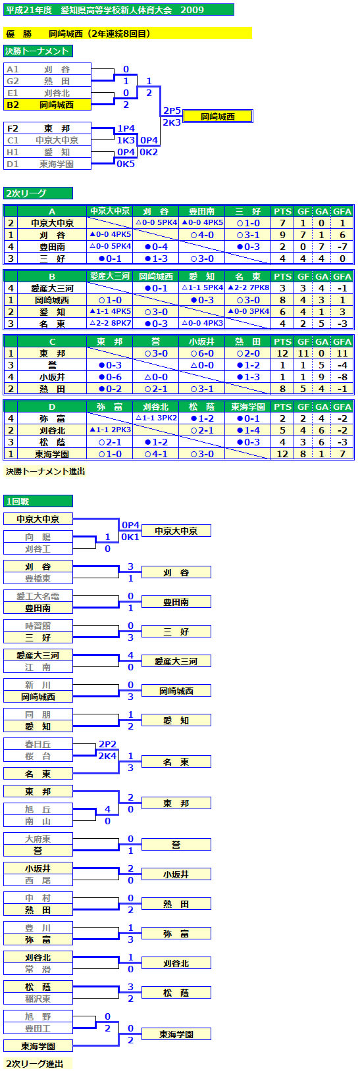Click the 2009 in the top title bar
[x=192, y=10]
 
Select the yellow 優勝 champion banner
[x=128, y=34]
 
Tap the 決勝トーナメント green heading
[x=38, y=51]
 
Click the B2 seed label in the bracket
[x=13, y=105]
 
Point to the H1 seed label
[x=13, y=152]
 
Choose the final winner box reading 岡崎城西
[x=218, y=116]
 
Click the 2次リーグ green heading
[x=38, y=193]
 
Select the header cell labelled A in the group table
[x=52, y=211]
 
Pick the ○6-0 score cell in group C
[x=202, y=353]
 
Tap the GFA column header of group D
[x=342, y=407]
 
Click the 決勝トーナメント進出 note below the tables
[x=45, y=472]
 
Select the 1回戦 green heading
[x=38, y=501]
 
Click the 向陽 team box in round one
[x=38, y=537]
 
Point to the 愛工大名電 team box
[x=38, y=596]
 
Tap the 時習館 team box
[x=38, y=626]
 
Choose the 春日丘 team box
[x=38, y=745]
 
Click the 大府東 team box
[x=38, y=839]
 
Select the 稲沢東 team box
[x=38, y=999]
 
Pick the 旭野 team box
[x=38, y=1016]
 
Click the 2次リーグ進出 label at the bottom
[x=34, y=1063]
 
